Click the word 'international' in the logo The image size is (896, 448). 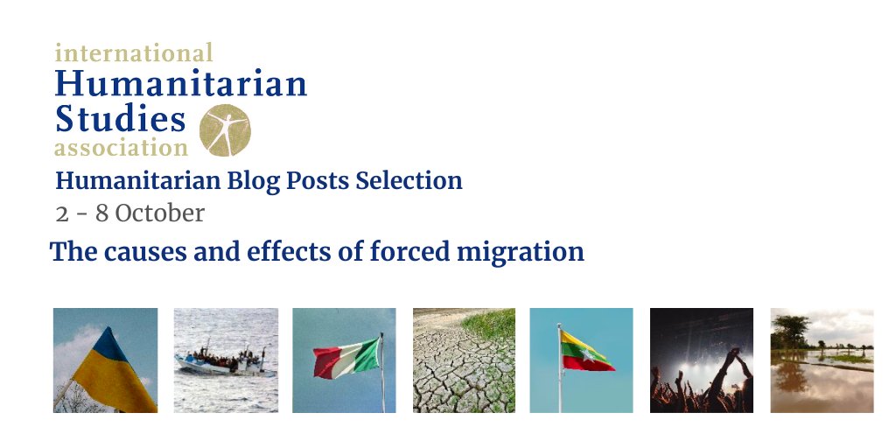(133, 52)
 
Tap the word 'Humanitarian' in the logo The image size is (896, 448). (180, 84)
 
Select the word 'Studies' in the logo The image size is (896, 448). (120, 117)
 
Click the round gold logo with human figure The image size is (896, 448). (224, 130)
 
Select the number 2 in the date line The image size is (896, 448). (61, 213)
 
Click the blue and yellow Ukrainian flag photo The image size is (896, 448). (105, 360)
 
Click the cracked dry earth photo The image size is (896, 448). (464, 360)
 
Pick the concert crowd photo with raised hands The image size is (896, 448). (701, 360)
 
